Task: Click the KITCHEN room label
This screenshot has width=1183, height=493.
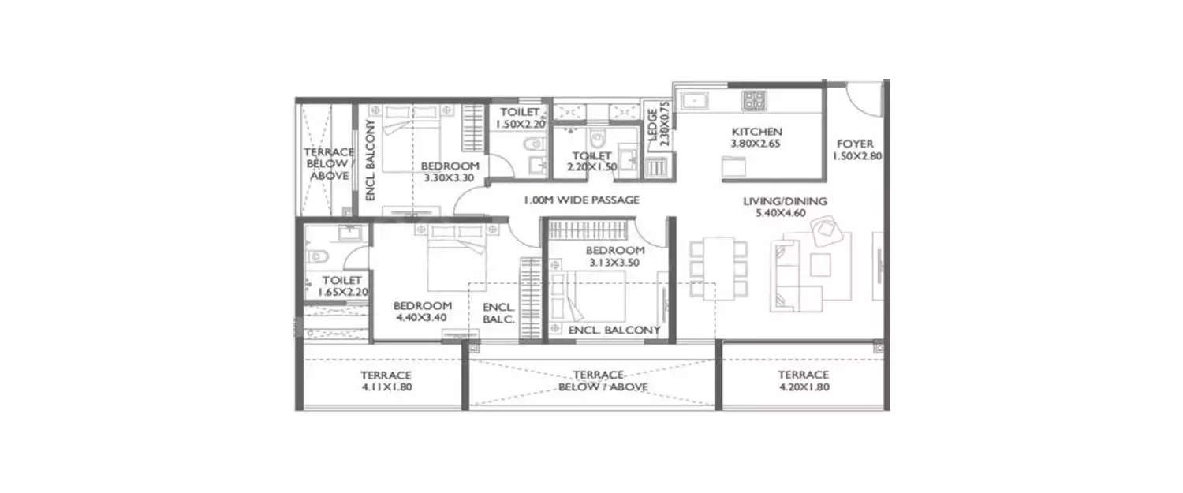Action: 756,132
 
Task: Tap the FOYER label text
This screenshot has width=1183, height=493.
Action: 855,144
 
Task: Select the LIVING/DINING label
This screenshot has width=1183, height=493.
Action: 785,202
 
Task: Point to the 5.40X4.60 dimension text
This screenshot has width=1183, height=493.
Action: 785,215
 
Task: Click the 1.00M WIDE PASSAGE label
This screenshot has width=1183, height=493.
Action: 581,200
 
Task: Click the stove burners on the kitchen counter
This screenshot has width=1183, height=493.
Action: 754,100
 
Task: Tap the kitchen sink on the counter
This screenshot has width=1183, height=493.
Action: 695,100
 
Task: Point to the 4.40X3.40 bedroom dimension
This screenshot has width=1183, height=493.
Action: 423,319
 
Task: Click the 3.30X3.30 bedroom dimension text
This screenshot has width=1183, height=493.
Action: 450,179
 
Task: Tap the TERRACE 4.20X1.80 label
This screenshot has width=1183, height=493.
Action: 803,381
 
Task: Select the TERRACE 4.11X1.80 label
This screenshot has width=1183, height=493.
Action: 386,381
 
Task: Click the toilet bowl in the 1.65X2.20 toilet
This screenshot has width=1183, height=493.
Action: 315,256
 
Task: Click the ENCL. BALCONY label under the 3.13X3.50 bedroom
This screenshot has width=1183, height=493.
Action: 614,331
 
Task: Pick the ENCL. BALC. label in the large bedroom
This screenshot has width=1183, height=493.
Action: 498,313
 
